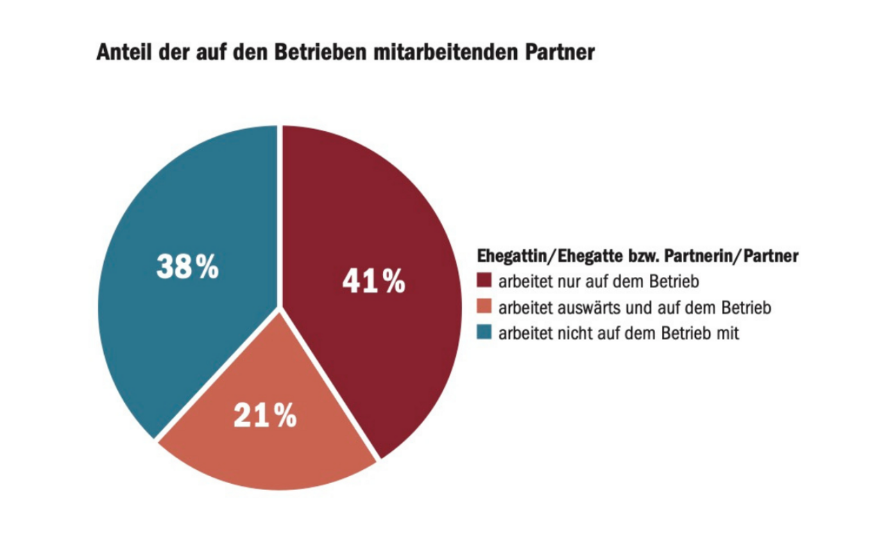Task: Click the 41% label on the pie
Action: tap(373, 282)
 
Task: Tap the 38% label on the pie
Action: tap(187, 267)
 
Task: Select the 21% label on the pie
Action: tap(265, 415)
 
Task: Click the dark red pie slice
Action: tap(388, 208)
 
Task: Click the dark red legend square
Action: tap(484, 282)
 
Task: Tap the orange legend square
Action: tap(484, 308)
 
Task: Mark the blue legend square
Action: tap(484, 333)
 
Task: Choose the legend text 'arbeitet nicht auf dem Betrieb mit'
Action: tap(620, 333)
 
